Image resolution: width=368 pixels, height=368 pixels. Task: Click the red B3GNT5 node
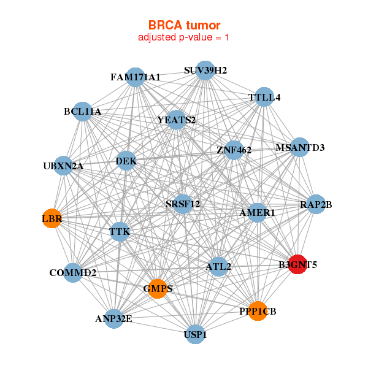pos(297,264)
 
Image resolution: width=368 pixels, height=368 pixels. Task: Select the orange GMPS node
pos(158,288)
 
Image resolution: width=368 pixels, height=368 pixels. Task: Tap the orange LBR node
pos(52,218)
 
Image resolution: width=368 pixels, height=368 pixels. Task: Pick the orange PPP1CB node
pos(258,311)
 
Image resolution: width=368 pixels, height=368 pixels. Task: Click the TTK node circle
pos(120,232)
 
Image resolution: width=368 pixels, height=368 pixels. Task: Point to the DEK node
pos(126,161)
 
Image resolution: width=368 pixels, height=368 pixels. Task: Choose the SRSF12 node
pos(183,204)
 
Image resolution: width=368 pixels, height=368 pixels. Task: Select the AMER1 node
pos(257,212)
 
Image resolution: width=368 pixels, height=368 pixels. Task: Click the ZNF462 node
pos(234,149)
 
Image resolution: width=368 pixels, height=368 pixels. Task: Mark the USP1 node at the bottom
pos(195,334)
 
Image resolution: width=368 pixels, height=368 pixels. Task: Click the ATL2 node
pos(218,267)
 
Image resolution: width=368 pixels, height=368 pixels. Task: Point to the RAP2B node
pos(316,204)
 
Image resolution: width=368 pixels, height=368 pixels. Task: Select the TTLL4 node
pos(264,97)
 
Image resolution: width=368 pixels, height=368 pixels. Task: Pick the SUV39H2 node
pos(205,71)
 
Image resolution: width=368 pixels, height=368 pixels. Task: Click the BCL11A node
pos(82,112)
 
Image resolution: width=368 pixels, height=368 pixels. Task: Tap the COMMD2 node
pos(73,272)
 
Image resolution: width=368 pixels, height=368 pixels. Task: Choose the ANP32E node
pos(113,318)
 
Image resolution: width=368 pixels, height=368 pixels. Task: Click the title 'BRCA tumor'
pos(183,25)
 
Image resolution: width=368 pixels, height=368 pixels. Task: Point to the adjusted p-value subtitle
pos(183,37)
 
